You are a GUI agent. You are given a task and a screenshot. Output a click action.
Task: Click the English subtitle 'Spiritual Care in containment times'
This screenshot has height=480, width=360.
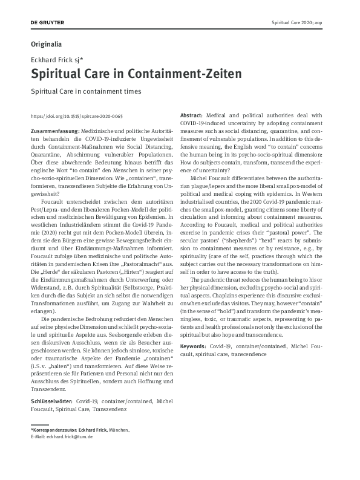pos(85,91)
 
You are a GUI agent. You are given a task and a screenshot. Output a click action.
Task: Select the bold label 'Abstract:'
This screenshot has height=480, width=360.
pos(192,115)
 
